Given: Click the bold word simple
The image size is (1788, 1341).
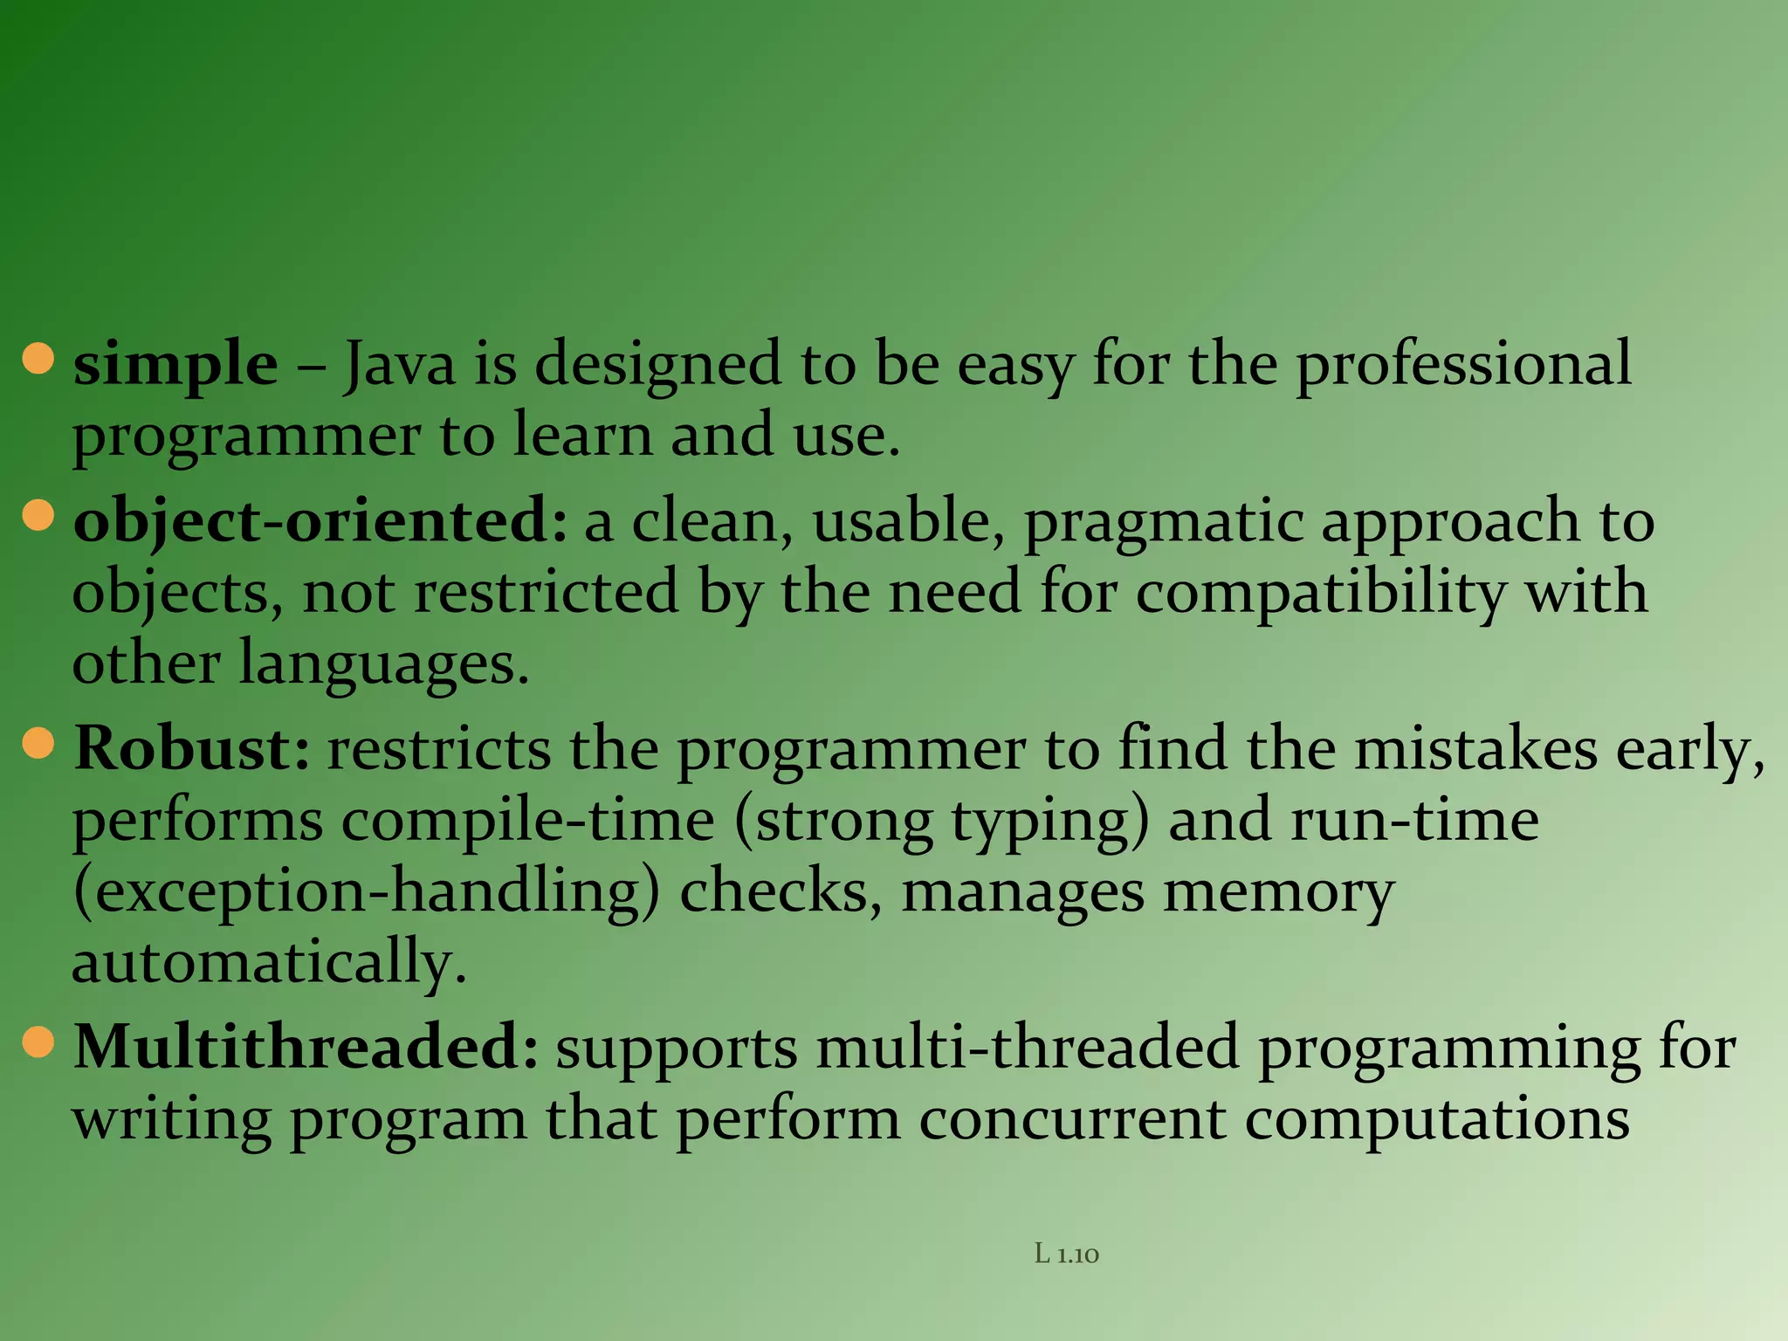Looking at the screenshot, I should [175, 365].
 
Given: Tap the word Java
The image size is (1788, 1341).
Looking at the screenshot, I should [399, 365].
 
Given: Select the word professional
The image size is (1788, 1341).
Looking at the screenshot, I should [1463, 365].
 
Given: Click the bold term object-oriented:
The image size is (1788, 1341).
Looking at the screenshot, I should [320, 522].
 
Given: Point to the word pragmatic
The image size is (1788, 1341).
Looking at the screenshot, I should [1163, 522].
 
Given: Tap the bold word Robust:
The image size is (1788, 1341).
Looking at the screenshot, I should [191, 749].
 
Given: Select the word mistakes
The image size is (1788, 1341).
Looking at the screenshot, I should [1475, 749].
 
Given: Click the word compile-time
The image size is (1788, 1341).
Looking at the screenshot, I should [528, 821].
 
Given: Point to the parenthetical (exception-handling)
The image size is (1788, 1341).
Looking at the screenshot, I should [367, 892].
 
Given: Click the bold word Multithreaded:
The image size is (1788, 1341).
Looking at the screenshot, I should [306, 1048].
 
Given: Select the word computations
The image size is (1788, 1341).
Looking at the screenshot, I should [1437, 1119].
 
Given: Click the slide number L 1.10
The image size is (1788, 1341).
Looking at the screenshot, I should [1066, 1255].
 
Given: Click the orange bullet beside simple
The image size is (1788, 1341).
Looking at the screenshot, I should [38, 359].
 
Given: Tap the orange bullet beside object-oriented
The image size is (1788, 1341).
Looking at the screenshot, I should [38, 515].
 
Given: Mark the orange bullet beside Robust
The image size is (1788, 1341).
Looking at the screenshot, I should [38, 744].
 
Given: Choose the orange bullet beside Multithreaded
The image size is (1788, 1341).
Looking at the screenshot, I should [38, 1042].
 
